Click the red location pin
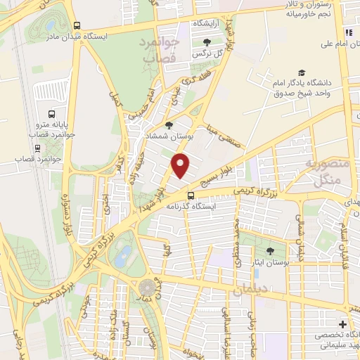[181, 165]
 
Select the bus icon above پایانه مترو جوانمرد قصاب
[51, 114]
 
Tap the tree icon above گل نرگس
[207, 41]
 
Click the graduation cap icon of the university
[302, 72]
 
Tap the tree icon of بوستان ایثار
[271, 250]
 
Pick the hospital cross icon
[342, 324]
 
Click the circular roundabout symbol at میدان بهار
[147, 288]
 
